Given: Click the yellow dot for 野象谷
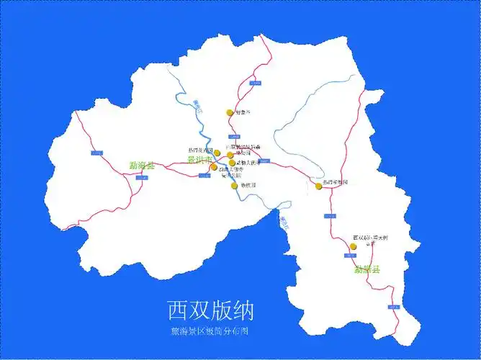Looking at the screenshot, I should point(230,112).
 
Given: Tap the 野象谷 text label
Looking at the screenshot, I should point(243,112).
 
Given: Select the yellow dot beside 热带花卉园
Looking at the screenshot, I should point(217,153).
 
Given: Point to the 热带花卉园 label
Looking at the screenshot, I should point(200,150).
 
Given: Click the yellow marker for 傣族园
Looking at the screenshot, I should point(235,186).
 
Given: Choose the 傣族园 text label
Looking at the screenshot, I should point(248,186).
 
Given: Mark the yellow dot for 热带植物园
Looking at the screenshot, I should point(318,186).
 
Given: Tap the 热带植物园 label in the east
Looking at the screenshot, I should point(336,183).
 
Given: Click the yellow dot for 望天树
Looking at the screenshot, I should point(353,247).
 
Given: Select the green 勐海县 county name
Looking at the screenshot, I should point(142,165).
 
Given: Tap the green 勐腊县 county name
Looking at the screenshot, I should point(367,271).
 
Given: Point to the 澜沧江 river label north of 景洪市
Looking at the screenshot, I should point(199,107).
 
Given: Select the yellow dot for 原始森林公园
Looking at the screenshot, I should point(230,155).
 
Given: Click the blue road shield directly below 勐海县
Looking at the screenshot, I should point(141,176).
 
